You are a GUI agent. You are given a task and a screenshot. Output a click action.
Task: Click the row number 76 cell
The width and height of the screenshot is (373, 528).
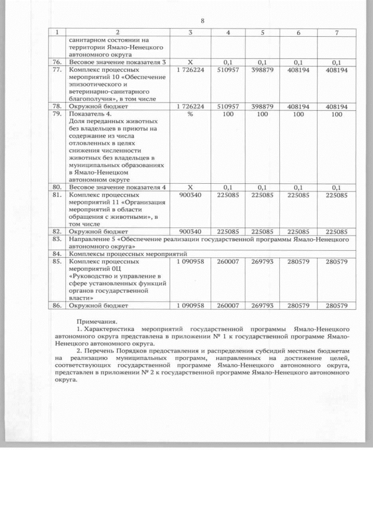tap(57, 61)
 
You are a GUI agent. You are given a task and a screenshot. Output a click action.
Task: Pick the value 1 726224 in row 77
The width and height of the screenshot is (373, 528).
tap(190, 69)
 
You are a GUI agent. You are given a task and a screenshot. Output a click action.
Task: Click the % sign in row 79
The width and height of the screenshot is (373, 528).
tap(190, 114)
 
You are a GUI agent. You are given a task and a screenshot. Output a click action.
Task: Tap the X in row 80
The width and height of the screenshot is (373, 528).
tap(190, 187)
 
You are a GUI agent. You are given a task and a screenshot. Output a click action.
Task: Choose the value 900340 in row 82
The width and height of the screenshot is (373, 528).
tap(190, 232)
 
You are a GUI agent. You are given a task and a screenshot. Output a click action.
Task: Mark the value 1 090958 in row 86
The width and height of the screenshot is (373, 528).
tap(190, 305)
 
